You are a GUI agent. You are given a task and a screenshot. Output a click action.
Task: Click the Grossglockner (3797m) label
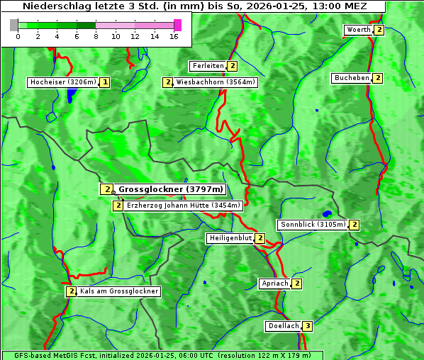coord(171,189)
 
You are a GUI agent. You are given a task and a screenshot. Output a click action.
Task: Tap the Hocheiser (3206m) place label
coord(62,82)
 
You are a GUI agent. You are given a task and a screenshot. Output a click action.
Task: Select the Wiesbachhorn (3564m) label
coord(216,82)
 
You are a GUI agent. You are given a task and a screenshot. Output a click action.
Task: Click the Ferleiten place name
coord(208,66)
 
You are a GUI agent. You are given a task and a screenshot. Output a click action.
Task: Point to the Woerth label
coord(357,30)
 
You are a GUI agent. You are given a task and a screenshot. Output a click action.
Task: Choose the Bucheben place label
coord(351,78)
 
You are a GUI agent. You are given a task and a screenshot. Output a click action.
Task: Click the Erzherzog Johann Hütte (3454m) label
coord(184,206)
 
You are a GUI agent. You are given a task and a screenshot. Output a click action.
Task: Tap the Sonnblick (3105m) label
coord(313,225)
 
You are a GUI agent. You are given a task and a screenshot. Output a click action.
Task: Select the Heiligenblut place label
coord(230,238)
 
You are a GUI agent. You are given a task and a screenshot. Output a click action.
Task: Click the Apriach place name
coord(274,283)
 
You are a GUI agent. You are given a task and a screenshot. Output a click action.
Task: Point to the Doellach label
coord(284,326)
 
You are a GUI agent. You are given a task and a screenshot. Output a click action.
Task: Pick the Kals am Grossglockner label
coord(118,291)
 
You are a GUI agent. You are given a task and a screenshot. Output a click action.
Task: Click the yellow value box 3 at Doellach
coord(307,326)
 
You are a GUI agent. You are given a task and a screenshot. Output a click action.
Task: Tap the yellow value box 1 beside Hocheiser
coord(105,82)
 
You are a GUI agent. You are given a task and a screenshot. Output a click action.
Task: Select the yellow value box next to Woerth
coord(379,30)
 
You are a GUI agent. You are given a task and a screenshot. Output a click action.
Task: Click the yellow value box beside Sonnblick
coord(354,225)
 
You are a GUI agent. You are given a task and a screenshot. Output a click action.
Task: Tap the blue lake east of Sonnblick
coord(327,213)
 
